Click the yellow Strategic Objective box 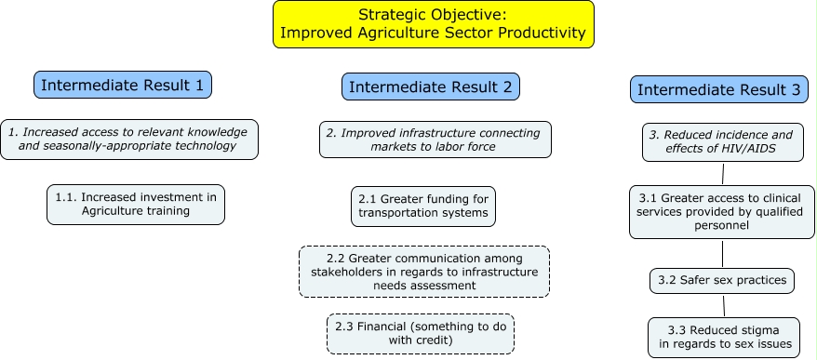pos(434,24)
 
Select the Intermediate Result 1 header pos(123,85)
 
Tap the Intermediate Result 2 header pos(431,87)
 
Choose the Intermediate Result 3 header pos(719,89)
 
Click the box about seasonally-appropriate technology pos(129,140)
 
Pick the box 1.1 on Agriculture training pos(136,205)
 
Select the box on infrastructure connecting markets pos(435,140)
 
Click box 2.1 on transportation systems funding pos(423,207)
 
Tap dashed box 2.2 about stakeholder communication pos(424,272)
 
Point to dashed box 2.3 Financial pos(421,333)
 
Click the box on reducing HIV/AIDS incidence pos(723,141)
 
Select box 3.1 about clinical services pos(722,212)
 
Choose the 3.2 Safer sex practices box pos(722,281)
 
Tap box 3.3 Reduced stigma pos(724,338)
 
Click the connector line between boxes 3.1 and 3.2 pos(722,254)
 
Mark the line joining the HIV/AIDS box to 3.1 pos(723,173)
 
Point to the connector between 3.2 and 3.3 pos(724,306)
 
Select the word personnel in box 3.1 pos(722,226)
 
